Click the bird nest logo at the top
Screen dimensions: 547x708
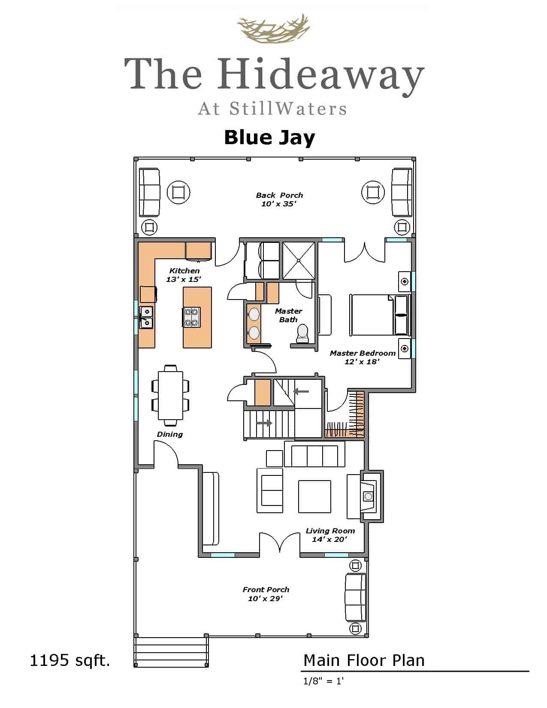click(x=274, y=29)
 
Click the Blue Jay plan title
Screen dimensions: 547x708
click(x=270, y=138)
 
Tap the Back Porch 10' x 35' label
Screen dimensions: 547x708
click(x=279, y=200)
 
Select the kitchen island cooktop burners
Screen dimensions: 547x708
click(x=192, y=317)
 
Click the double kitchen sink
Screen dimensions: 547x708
click(x=146, y=317)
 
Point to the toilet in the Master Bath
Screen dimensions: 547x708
click(x=302, y=333)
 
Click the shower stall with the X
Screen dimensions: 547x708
click(x=299, y=260)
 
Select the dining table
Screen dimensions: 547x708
click(x=170, y=395)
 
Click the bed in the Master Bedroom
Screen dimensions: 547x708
click(x=380, y=315)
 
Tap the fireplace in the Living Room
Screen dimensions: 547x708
click(x=371, y=496)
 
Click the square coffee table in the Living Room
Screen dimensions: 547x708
click(x=314, y=496)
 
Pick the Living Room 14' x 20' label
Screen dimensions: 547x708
click(x=330, y=535)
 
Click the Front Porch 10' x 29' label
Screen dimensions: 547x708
click(x=266, y=594)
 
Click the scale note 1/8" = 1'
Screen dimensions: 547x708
click(x=323, y=681)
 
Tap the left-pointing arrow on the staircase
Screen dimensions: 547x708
click(x=301, y=391)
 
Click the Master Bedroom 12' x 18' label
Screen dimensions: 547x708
click(x=362, y=357)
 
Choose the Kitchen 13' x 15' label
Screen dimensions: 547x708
click(x=184, y=275)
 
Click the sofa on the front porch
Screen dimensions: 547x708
click(x=355, y=597)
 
